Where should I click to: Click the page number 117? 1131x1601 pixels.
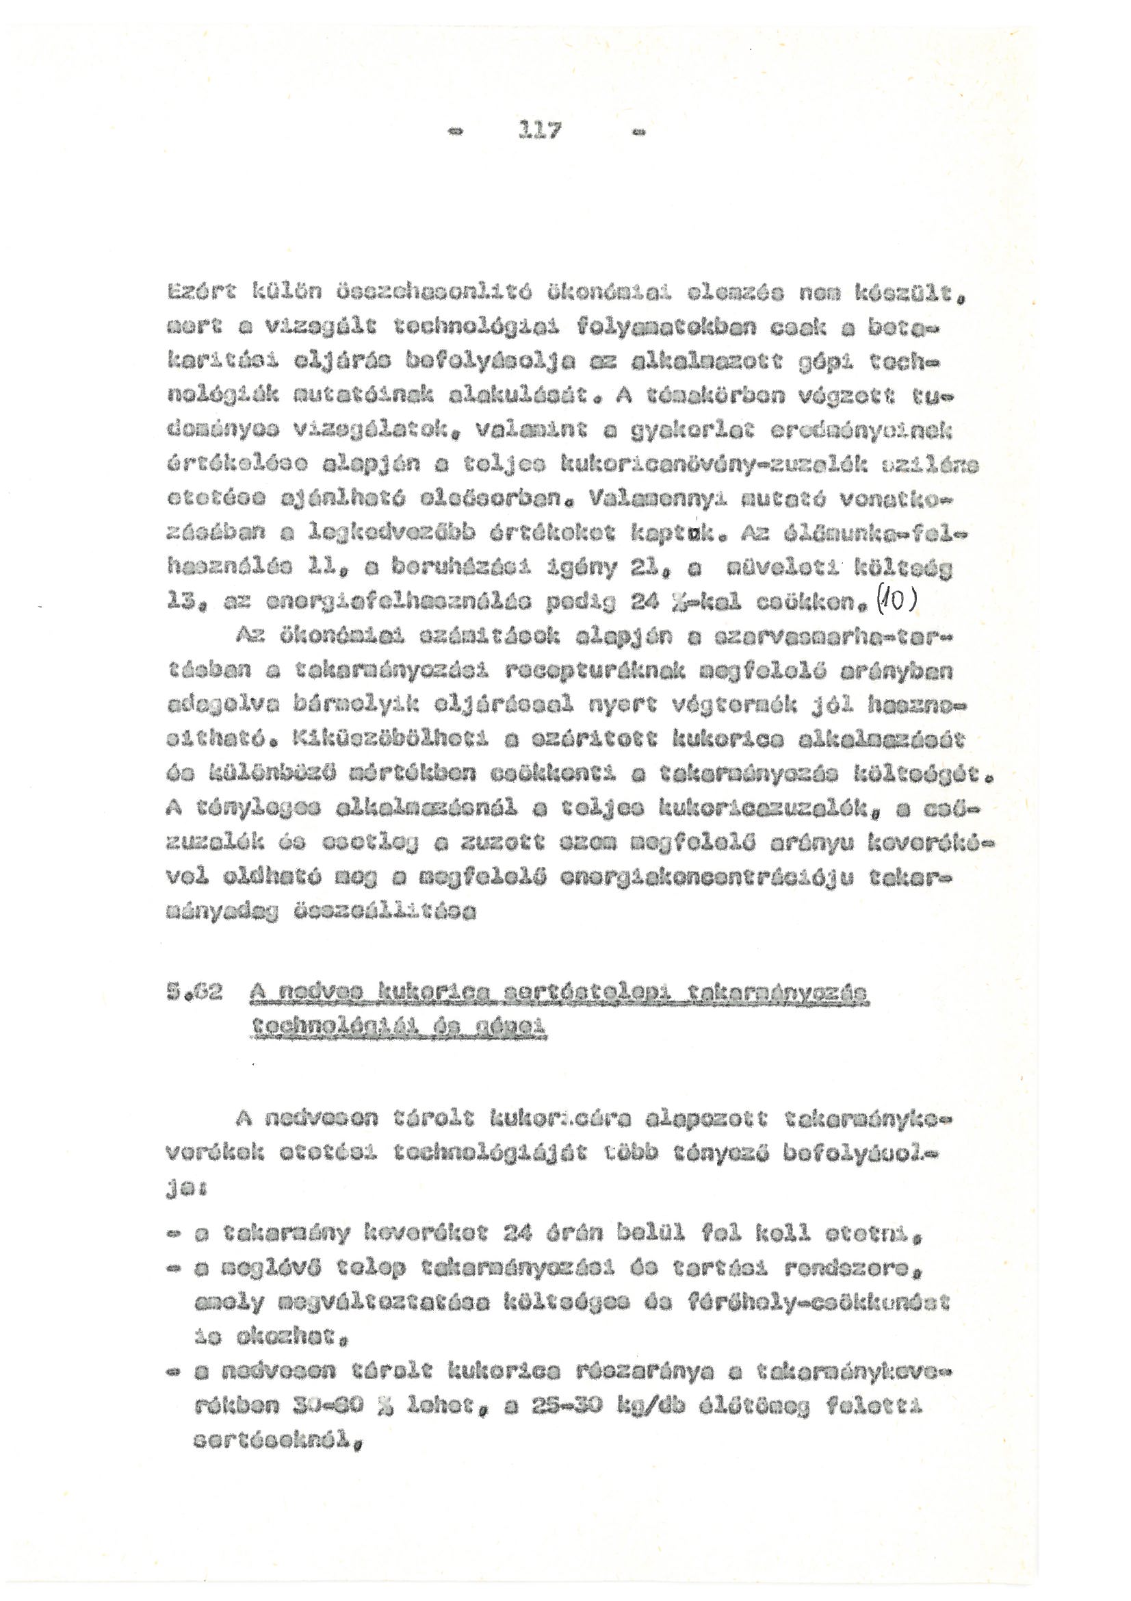538,131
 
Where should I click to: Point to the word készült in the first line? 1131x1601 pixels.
904,299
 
